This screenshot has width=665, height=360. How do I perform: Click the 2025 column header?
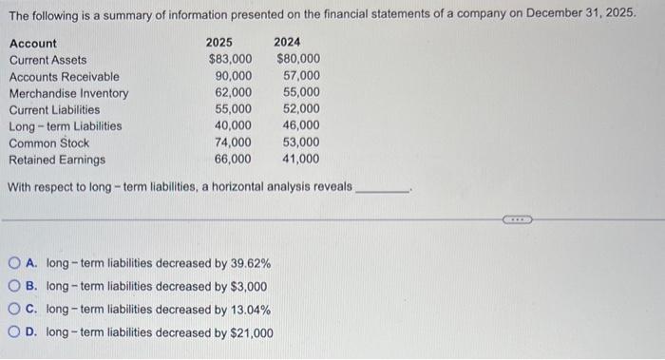pyautogui.click(x=219, y=43)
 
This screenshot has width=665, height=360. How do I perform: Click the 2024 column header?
pyautogui.click(x=287, y=43)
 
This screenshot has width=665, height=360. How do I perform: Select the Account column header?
pyautogui.click(x=32, y=44)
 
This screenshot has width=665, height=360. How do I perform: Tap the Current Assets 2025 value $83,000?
pyautogui.click(x=231, y=60)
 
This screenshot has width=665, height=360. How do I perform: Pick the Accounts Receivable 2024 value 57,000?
pyautogui.click(x=301, y=76)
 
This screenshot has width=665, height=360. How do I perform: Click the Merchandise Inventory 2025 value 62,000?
pyautogui.click(x=234, y=93)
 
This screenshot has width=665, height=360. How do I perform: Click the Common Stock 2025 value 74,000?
pyautogui.click(x=234, y=142)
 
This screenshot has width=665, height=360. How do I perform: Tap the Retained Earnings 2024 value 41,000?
pyautogui.click(x=301, y=160)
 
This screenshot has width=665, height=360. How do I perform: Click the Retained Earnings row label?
pyautogui.click(x=57, y=160)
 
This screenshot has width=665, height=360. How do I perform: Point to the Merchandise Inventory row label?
pyautogui.click(x=68, y=93)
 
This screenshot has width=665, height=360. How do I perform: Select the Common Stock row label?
pyautogui.click(x=48, y=142)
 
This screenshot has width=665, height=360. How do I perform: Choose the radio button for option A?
pyautogui.click(x=14, y=263)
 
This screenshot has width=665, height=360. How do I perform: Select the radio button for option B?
pyautogui.click(x=14, y=286)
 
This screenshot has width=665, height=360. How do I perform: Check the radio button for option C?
pyautogui.click(x=14, y=310)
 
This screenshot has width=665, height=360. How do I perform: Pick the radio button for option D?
pyautogui.click(x=14, y=332)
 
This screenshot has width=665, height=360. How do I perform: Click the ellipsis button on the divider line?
pyautogui.click(x=518, y=219)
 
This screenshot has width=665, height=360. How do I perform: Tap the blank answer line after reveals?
pyautogui.click(x=381, y=187)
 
